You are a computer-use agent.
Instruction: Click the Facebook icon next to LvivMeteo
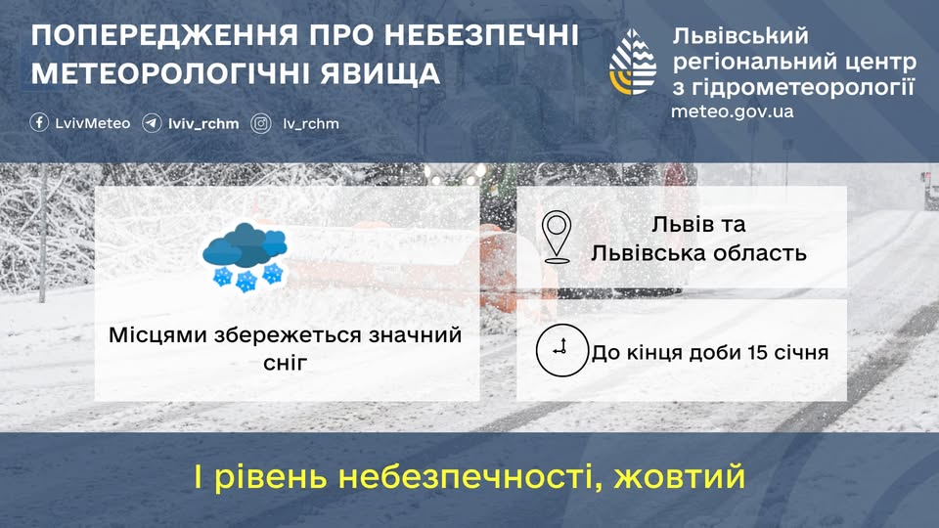pos(39,123)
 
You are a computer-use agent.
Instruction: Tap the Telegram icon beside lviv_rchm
pos(152,123)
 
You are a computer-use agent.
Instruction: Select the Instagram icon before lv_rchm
pos(261,123)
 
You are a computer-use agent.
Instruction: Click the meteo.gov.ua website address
pos(732,111)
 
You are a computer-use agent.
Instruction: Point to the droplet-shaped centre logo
pos(633,62)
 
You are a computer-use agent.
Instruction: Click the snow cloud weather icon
pos(245,256)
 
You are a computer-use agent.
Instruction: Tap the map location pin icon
pos(557,237)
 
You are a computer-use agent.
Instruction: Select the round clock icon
pos(561,350)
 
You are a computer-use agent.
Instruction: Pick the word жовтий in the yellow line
pos(679,476)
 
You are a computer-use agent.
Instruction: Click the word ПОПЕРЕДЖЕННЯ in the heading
pos(164,35)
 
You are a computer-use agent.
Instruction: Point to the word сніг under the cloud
pos(285,362)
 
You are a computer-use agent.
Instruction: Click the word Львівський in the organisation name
pos(740,36)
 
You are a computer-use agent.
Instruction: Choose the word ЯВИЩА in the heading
pos(380,73)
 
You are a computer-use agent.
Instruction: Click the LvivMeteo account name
pos(92,123)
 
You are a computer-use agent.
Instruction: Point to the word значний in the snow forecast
pos(415,334)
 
